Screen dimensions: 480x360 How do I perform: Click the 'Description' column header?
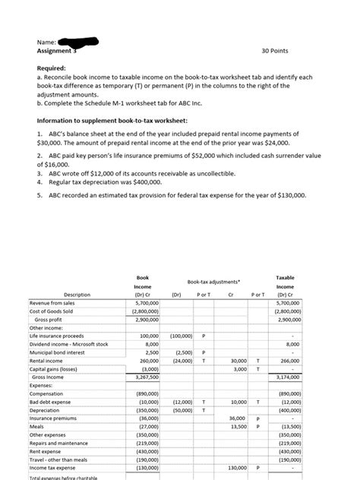(77, 294)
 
